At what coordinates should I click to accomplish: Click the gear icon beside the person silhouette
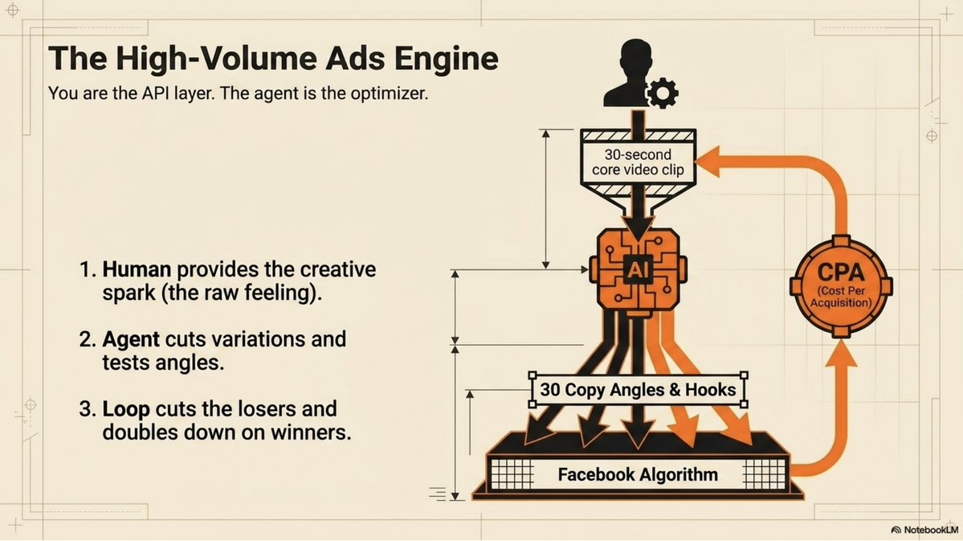[x=662, y=92]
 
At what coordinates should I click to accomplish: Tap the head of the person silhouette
[x=635, y=58]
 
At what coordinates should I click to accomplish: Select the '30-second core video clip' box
[x=638, y=162]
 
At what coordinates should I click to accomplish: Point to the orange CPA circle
[x=841, y=286]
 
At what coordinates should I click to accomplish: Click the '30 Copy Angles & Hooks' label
[x=638, y=390]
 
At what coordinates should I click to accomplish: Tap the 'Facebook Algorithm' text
[x=638, y=474]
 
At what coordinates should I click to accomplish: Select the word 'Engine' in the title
[x=447, y=59]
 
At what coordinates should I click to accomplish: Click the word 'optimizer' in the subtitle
[x=389, y=93]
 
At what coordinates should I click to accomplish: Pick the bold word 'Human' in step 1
[x=137, y=269]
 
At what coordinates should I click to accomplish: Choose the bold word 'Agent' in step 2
[x=131, y=340]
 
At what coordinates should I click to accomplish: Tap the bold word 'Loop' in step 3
[x=126, y=409]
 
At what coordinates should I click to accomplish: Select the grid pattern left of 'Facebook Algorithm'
[x=512, y=474]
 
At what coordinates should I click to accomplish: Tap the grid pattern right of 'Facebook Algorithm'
[x=764, y=474]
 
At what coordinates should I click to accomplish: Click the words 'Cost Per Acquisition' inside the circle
[x=841, y=297]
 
